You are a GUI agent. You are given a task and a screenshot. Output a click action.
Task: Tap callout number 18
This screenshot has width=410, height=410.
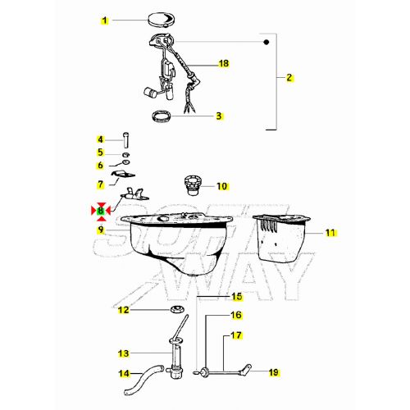click(x=222, y=63)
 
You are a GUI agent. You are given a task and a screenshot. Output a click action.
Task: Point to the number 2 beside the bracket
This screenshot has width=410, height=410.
click(x=289, y=78)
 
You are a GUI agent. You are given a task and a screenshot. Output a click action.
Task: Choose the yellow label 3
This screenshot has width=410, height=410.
click(x=219, y=116)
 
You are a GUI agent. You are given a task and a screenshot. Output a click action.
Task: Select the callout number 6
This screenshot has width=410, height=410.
click(x=100, y=166)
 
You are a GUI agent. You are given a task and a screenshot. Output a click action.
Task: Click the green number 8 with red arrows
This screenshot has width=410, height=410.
click(x=100, y=211)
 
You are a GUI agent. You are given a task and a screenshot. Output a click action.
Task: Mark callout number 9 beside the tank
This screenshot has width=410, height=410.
click(x=100, y=230)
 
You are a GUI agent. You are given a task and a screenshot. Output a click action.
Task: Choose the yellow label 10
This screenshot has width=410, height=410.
click(x=222, y=186)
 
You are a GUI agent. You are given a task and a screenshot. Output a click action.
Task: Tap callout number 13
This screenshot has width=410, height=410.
click(x=124, y=354)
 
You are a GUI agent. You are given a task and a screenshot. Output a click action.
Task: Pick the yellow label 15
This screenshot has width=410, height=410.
click(x=236, y=296)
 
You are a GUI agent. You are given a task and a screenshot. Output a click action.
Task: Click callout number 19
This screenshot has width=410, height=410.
click(x=273, y=372)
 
